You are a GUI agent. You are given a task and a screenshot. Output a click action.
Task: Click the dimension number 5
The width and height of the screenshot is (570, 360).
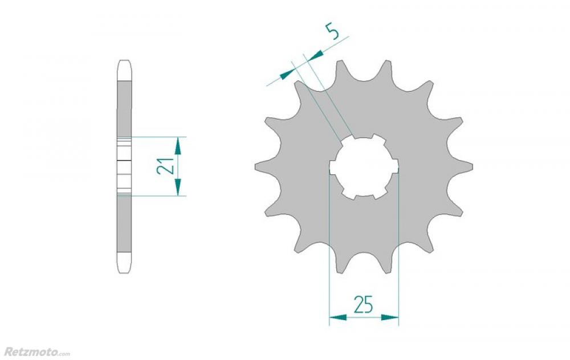pos(333,31)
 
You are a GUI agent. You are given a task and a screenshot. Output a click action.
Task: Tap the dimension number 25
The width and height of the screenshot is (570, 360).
pos(364,304)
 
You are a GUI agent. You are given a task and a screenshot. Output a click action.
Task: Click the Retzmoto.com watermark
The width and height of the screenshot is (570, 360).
pos(37,351)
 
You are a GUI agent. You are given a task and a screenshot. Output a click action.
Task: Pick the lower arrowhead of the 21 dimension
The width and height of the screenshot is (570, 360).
pos(178,187)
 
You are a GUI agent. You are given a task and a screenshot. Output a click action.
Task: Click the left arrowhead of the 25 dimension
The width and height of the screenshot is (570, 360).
pos(338,317)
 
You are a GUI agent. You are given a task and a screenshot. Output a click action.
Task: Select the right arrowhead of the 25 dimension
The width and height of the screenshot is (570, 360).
pos(390,317)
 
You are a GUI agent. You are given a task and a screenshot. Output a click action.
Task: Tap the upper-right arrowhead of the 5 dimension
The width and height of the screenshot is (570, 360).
pos(316,55)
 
